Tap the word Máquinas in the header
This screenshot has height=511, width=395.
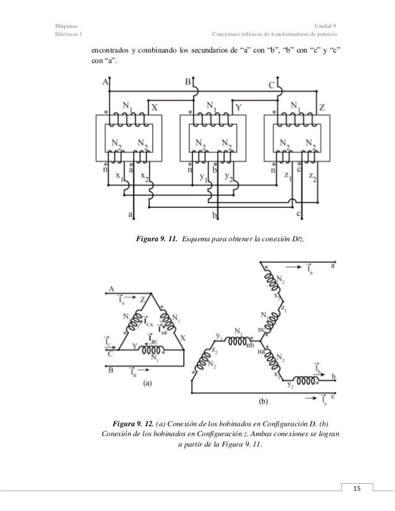[67, 25]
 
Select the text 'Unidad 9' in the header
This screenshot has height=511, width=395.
[326, 25]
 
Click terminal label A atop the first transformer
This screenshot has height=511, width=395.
[105, 81]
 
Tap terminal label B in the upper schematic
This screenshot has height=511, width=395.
[188, 81]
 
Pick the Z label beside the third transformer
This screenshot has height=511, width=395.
[323, 106]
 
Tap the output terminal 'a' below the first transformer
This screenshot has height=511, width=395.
[130, 214]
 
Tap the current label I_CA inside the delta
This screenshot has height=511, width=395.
[149, 322]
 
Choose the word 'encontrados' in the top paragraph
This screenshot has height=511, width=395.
[112, 50]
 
